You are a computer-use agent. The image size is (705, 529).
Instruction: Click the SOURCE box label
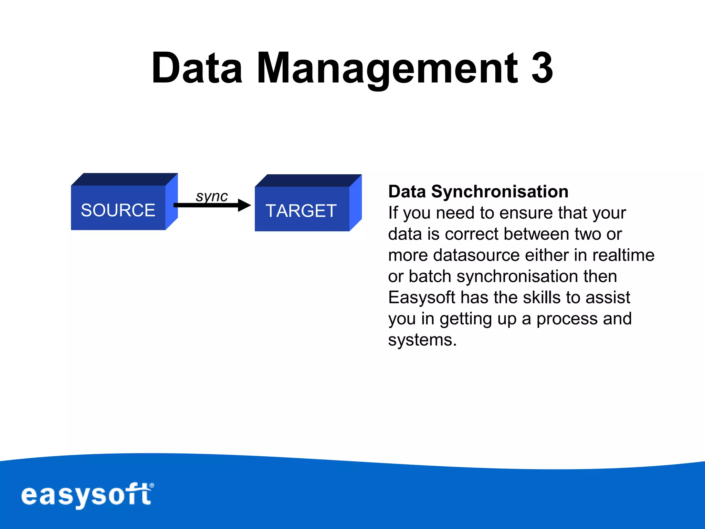[x=118, y=210]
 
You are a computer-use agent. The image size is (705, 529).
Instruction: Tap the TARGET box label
[x=301, y=211]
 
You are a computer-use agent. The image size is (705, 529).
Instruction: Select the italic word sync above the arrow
[x=212, y=196]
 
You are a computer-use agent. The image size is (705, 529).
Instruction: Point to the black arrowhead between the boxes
[x=244, y=205]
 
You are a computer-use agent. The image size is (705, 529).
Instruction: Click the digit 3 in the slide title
[x=542, y=68]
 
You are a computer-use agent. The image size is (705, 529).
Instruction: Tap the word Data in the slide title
[x=197, y=68]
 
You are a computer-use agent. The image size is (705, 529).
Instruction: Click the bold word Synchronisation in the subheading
[x=499, y=191]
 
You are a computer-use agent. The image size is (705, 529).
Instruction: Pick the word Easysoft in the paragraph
[x=422, y=297]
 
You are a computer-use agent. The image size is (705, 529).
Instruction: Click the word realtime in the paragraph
[x=623, y=255]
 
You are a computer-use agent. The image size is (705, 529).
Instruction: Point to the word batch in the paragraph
[x=430, y=276]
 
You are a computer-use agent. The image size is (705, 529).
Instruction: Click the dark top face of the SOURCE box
[x=124, y=179]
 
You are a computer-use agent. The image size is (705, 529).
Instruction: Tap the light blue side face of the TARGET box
[x=355, y=203]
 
